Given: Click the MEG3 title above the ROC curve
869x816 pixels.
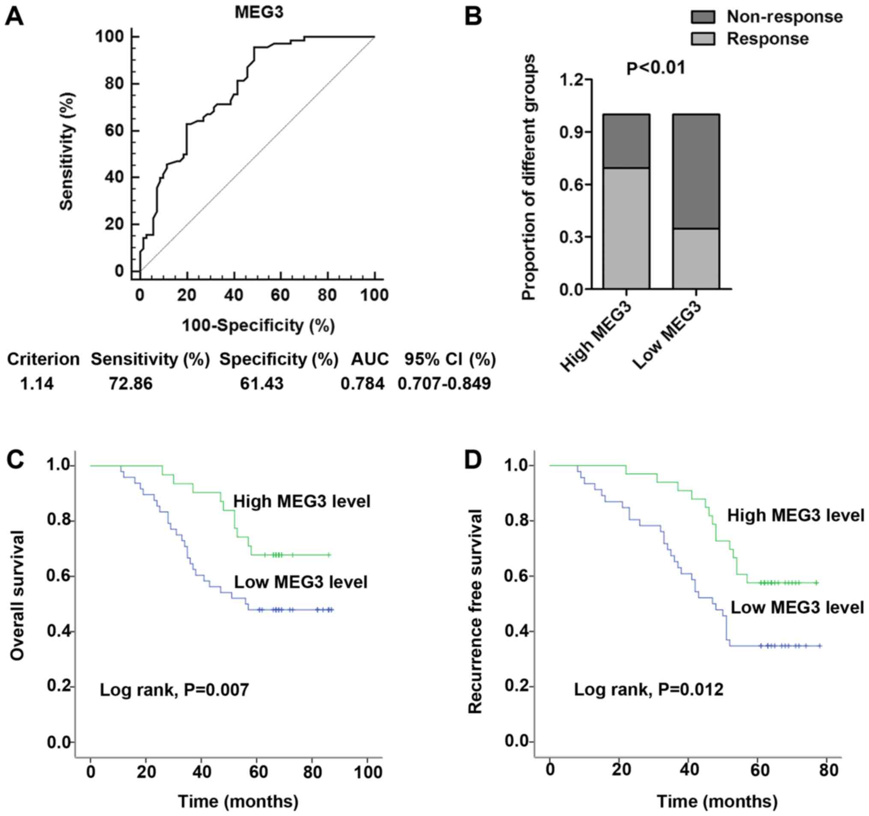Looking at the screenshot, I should click(x=259, y=12).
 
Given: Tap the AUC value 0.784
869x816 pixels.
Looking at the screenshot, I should click(x=363, y=384).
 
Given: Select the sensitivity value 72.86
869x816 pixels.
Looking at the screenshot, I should click(x=131, y=384).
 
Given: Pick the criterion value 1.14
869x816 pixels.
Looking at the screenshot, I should click(x=37, y=384).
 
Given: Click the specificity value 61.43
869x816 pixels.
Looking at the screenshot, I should click(x=261, y=384).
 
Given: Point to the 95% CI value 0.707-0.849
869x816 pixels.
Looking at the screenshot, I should click(x=445, y=384).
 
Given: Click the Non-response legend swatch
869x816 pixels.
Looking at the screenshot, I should click(x=703, y=17).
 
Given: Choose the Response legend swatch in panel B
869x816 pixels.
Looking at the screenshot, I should click(x=703, y=39).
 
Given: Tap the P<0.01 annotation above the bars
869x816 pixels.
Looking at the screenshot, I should click(x=655, y=68).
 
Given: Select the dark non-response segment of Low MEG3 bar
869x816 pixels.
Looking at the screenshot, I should click(x=696, y=171).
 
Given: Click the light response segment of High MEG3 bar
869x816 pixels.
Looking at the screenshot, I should click(x=626, y=228).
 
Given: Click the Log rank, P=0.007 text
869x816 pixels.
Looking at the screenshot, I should click(x=175, y=690).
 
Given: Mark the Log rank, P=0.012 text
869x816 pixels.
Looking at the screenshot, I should click(x=649, y=690).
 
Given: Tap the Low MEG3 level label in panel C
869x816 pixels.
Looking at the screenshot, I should click(x=301, y=582).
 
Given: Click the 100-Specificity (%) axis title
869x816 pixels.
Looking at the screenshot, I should click(x=258, y=326).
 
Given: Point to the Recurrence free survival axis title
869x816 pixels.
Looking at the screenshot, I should click(x=475, y=613).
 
